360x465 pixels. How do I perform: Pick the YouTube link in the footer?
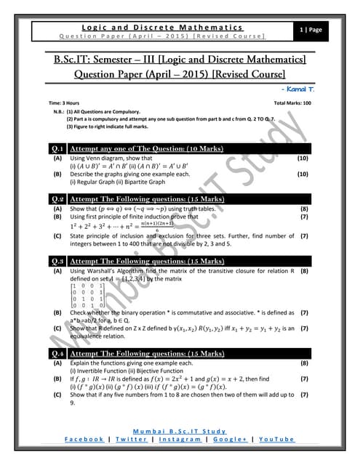tap(276, 440)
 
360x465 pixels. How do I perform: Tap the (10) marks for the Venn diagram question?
tap(304, 158)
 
